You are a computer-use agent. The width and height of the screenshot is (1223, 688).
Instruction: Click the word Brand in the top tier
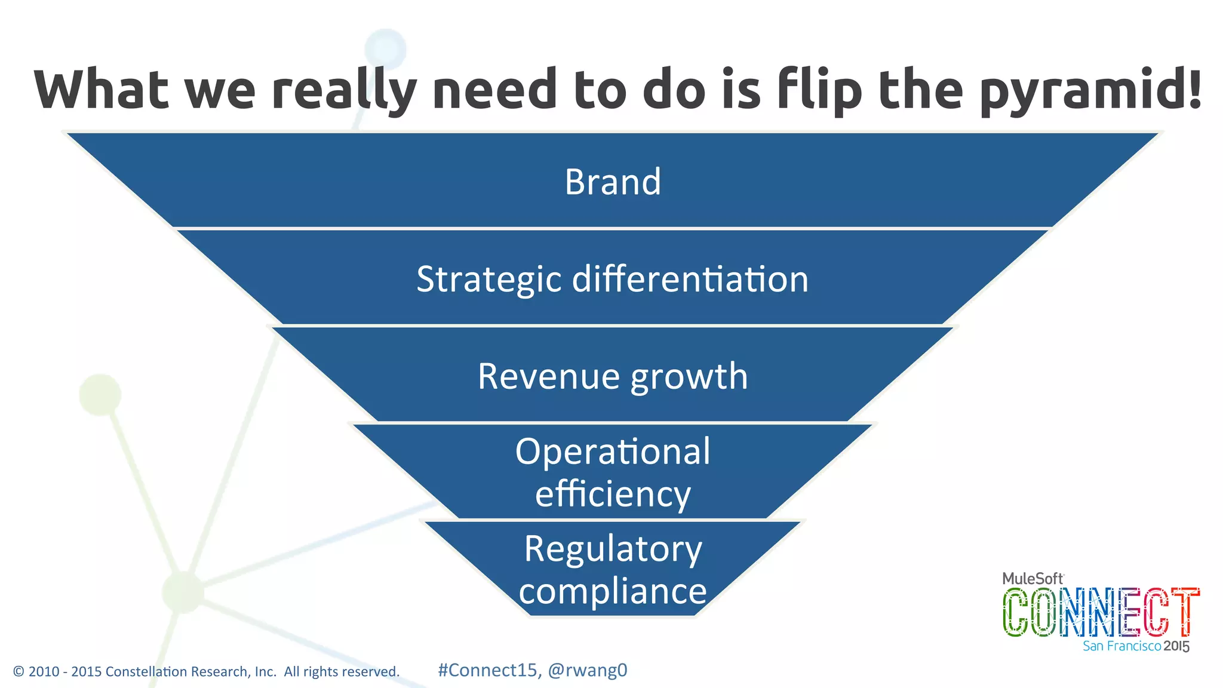tap(613, 182)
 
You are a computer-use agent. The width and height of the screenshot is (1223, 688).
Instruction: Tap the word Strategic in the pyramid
tap(488, 279)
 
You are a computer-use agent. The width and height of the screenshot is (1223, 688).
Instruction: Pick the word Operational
tap(613, 451)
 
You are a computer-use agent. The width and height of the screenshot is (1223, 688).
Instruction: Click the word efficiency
tap(613, 494)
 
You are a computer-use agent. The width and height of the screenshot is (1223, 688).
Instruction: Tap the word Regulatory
tap(613, 549)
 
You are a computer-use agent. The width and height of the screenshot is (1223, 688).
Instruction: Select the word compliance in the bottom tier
tap(613, 591)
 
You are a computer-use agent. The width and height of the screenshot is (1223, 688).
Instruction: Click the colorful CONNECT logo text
tap(1101, 612)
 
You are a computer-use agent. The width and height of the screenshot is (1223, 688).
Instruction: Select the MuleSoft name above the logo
tap(1033, 579)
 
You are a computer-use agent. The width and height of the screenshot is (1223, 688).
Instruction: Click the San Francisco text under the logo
tap(1121, 646)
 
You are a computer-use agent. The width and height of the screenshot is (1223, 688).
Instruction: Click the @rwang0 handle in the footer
tap(588, 670)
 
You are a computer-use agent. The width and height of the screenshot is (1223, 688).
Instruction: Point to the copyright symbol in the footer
tap(19, 672)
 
